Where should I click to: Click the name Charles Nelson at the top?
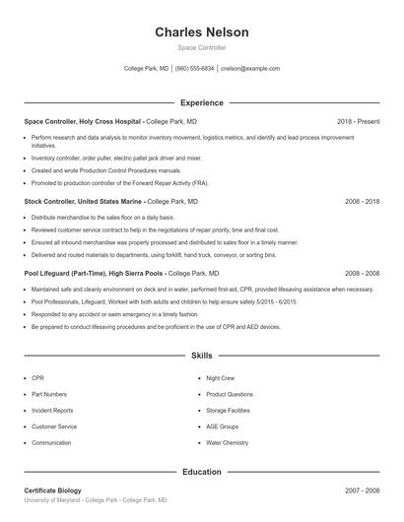[201, 33]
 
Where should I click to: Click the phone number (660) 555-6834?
[194, 69]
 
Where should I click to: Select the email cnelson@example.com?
[250, 69]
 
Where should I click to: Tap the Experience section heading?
[201, 102]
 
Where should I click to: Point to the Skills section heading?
[201, 356]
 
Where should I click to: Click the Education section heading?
[201, 472]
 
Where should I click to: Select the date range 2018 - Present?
[358, 121]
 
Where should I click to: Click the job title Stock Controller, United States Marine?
[83, 201]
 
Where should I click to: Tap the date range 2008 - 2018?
[362, 201]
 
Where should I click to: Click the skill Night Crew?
[220, 378]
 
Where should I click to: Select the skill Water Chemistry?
[227, 443]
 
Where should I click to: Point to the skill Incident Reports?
[52, 411]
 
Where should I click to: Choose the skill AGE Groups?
[222, 426]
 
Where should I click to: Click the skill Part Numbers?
[49, 394]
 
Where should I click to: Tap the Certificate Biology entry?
[52, 490]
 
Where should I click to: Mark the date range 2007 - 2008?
[362, 490]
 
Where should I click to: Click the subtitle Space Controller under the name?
[201, 47]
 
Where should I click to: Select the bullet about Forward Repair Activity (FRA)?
[119, 182]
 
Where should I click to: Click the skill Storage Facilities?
[228, 411]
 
